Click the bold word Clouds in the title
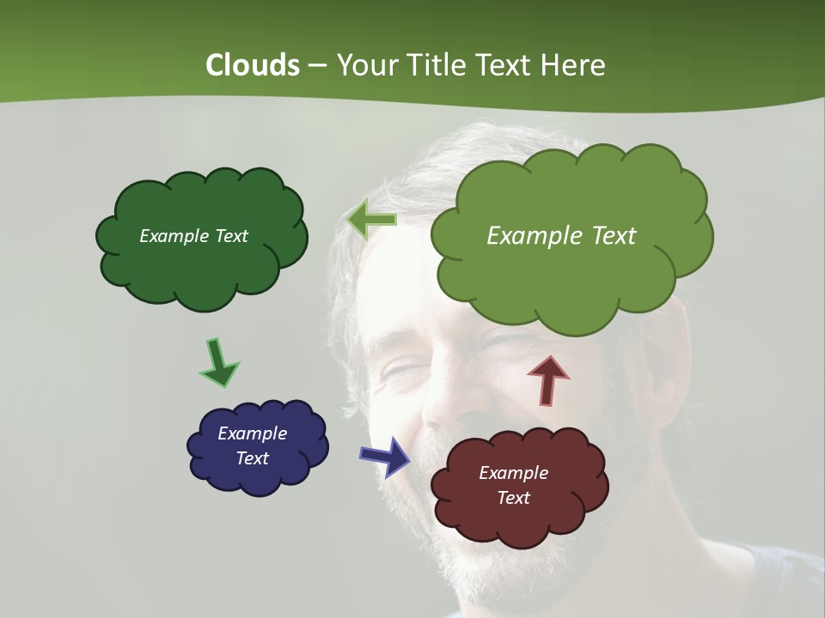[252, 65]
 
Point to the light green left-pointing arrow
[372, 221]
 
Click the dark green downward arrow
[219, 362]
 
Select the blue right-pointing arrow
[385, 456]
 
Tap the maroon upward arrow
[548, 380]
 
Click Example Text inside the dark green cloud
[193, 236]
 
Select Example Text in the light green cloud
[561, 236]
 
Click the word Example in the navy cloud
[252, 433]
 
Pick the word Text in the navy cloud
[252, 458]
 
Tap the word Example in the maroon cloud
[513, 473]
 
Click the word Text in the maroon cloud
[513, 498]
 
